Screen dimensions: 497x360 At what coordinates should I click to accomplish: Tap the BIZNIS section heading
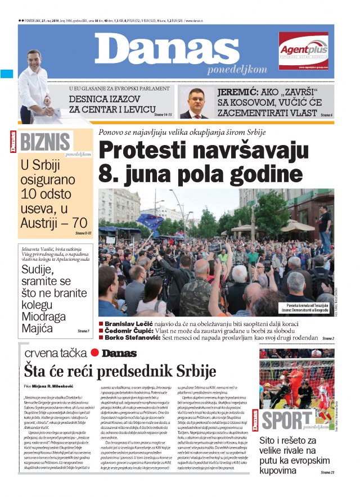click(45, 142)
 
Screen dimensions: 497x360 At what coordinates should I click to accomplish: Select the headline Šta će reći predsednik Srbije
click(120, 371)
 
